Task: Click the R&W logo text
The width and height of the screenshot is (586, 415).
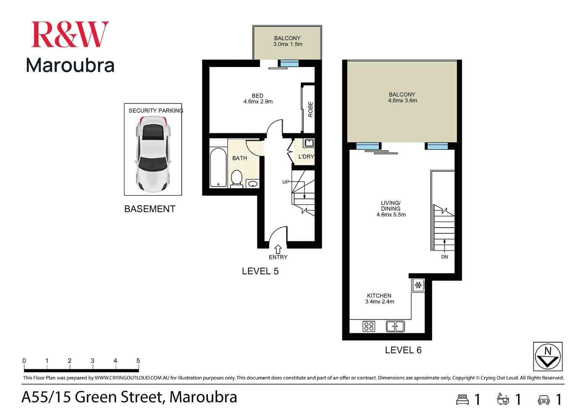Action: (70, 34)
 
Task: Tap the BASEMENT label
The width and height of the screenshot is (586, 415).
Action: (150, 209)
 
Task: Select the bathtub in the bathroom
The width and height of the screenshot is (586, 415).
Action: (218, 168)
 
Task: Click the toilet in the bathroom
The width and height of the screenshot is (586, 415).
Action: (237, 179)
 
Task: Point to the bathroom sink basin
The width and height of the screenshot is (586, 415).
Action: (253, 184)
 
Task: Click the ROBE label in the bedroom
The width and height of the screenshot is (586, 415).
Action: (310, 109)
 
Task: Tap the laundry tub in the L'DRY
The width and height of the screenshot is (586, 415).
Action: (309, 143)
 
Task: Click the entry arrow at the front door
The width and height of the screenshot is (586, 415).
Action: (278, 249)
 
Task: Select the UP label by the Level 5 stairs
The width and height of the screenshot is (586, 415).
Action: (286, 182)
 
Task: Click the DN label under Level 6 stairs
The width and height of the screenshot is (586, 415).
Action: (445, 257)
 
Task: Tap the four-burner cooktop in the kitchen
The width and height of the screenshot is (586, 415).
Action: (369, 326)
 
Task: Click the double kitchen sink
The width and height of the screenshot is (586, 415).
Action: (395, 326)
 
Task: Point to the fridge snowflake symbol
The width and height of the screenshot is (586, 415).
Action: (418, 285)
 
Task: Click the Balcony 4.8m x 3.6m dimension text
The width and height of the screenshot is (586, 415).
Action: (402, 101)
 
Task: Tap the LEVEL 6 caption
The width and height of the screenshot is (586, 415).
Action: (403, 350)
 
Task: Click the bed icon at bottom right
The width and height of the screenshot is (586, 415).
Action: (463, 399)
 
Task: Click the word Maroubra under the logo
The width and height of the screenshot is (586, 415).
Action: (70, 65)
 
